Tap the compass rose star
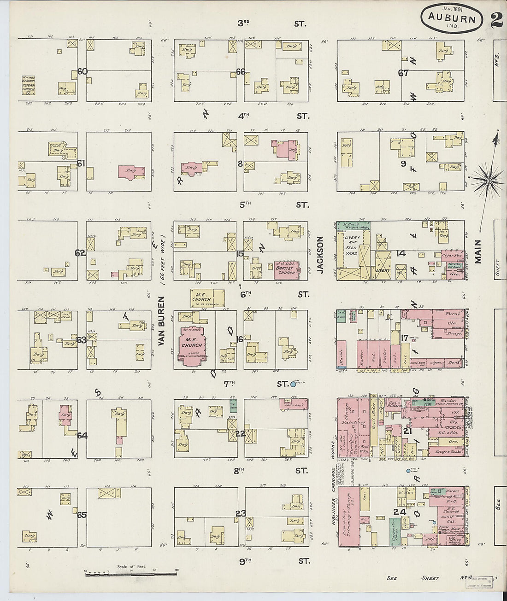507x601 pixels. pos(488,181)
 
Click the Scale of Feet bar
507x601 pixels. pos(131,573)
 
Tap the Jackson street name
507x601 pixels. pos(321,255)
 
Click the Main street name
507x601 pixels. pos(478,251)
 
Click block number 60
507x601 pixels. pos(83,71)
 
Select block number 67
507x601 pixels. pos(403,72)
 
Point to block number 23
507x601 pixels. pos(240,513)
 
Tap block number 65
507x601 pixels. pos(82,514)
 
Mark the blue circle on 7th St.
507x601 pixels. pos(293,384)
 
